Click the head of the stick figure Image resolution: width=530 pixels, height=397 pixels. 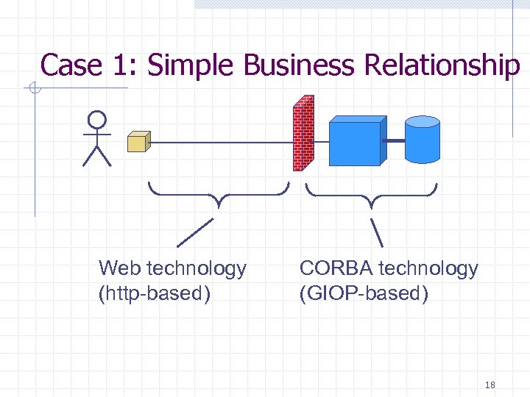pyautogui.click(x=96, y=120)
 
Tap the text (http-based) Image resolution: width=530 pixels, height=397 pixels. pyautogui.click(x=155, y=294)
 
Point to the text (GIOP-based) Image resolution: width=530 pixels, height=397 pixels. pyautogui.click(x=364, y=294)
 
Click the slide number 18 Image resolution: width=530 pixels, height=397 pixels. pyautogui.click(x=490, y=385)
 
